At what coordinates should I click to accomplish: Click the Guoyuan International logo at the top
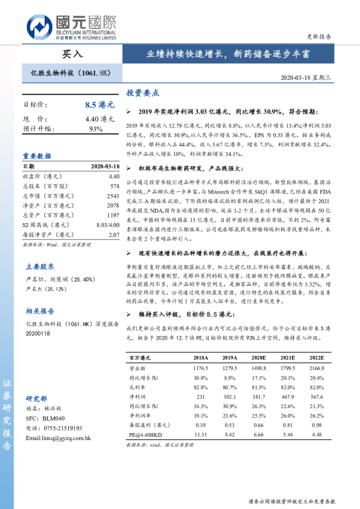pos(72,27)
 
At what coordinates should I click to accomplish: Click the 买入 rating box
pos(73,54)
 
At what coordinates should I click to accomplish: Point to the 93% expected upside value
pos(96,129)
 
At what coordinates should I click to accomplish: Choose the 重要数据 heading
pos(37,155)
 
